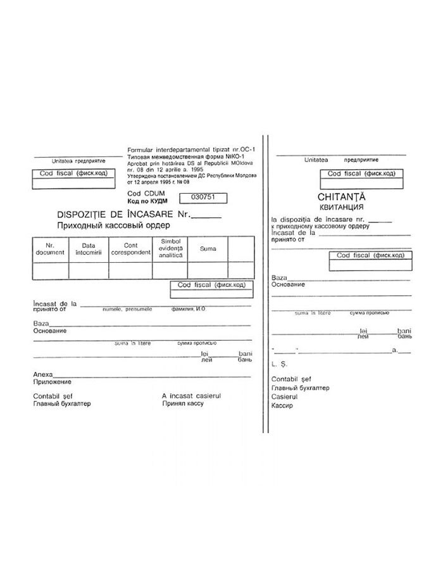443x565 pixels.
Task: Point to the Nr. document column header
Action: (x=51, y=249)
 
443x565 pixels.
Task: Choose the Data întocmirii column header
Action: (x=88, y=249)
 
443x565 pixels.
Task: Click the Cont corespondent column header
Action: (x=129, y=249)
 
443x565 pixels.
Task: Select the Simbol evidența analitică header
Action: (x=170, y=248)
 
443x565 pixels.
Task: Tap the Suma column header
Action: (x=208, y=249)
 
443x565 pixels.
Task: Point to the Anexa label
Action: (x=43, y=374)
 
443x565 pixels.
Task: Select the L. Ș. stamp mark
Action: (x=279, y=365)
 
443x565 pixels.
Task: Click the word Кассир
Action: (x=282, y=405)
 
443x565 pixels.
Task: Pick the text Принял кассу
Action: (x=183, y=403)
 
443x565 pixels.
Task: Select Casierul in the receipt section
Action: (x=284, y=397)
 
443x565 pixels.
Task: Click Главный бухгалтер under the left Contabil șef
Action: (x=61, y=403)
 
